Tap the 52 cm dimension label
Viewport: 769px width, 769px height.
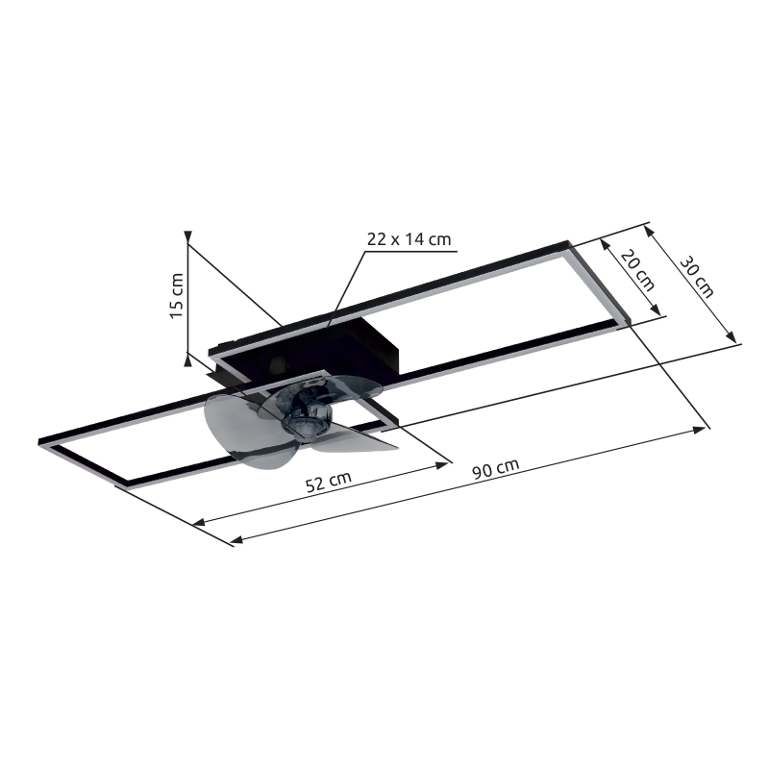click(327, 482)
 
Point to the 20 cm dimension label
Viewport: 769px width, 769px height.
click(638, 270)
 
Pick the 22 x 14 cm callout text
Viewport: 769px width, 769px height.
click(409, 239)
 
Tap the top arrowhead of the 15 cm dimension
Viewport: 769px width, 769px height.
click(189, 236)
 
